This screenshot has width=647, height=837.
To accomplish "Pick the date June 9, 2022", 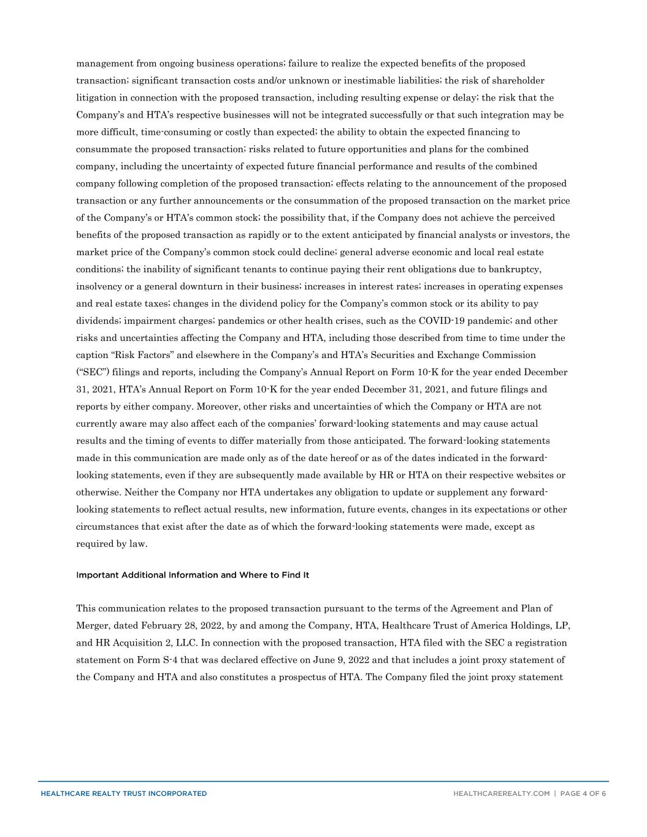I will (343, 660).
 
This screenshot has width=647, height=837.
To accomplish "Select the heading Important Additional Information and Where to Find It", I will (193, 575).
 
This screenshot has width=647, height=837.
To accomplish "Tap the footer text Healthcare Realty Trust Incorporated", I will (124, 793).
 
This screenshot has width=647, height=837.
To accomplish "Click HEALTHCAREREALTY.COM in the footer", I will (501, 793).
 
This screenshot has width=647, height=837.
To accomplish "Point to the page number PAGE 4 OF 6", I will (583, 793).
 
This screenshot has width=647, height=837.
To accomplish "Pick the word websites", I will (534, 475).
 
